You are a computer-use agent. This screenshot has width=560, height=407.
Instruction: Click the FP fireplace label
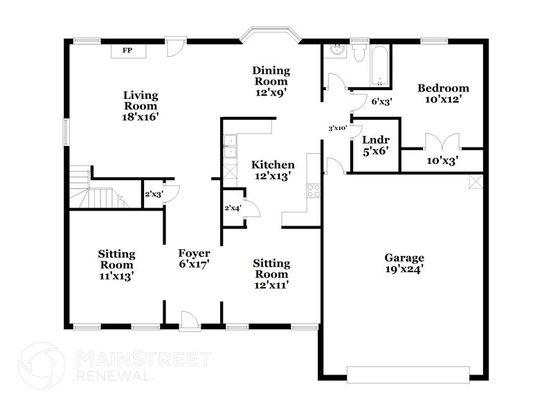(x=127, y=51)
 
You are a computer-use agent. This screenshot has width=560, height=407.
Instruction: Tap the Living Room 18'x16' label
(x=141, y=106)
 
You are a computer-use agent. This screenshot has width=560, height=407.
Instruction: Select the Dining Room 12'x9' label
(x=270, y=81)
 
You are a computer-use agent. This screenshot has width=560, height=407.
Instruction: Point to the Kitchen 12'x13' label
(x=273, y=170)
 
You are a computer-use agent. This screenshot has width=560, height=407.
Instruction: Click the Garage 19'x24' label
(x=404, y=264)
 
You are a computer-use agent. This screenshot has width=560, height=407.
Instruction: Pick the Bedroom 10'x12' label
(x=443, y=93)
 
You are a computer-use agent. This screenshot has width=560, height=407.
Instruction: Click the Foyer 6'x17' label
(x=194, y=258)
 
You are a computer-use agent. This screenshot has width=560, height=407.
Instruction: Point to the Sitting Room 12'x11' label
(x=271, y=273)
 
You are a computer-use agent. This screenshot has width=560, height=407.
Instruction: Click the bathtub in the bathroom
(x=380, y=66)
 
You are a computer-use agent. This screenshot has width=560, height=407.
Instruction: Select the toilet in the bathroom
(x=359, y=53)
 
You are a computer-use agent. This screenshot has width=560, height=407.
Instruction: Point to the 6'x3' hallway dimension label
(x=381, y=102)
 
